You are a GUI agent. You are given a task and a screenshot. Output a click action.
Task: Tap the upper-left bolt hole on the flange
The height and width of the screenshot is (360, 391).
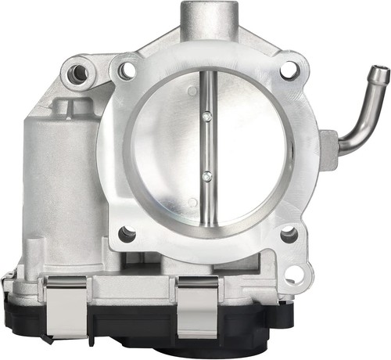tap(126, 71)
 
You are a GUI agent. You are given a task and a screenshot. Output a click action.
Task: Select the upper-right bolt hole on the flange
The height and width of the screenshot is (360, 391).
tap(289, 70)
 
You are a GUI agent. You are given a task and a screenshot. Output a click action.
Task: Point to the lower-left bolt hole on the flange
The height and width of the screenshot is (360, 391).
tap(126, 232)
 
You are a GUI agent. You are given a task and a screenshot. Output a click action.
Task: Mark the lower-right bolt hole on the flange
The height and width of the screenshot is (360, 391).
tap(288, 232)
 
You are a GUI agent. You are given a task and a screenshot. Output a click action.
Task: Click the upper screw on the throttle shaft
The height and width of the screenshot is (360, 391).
tap(206, 116)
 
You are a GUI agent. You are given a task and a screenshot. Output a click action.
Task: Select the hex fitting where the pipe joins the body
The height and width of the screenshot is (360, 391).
tap(328, 147)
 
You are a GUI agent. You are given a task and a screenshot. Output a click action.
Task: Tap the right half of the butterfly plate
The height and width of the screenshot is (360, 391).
tap(246, 149)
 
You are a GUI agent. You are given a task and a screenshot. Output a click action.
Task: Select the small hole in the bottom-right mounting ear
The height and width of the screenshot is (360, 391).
tap(294, 273)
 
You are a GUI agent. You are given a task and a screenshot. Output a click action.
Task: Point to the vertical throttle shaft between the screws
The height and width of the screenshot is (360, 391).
tap(206, 147)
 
